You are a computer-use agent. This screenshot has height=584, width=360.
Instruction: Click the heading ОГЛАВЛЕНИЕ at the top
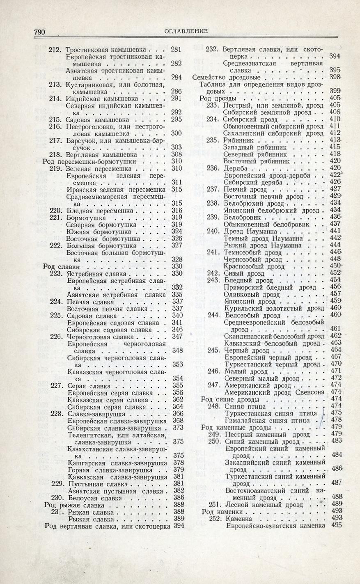(186, 31)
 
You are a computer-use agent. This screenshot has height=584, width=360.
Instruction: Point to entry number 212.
(55, 50)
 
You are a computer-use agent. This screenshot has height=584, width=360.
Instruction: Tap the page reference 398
(335, 77)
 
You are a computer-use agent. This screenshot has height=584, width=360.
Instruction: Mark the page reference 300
(176, 133)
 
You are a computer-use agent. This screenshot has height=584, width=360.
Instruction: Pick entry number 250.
(215, 441)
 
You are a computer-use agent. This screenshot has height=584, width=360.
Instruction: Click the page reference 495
(336, 525)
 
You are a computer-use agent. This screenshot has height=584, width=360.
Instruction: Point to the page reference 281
(176, 50)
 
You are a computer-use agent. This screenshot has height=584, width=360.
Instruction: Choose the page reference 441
(335, 231)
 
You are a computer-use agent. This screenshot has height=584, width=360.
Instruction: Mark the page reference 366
(178, 414)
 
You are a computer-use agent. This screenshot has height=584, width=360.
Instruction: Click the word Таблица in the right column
(213, 84)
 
